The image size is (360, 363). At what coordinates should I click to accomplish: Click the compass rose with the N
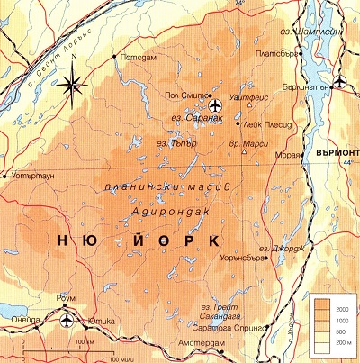pos(74,85)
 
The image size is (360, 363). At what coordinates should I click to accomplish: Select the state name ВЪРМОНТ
pos(337,151)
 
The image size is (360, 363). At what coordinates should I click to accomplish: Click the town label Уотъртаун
pos(35,177)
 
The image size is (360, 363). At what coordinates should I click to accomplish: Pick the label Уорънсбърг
pos(246,258)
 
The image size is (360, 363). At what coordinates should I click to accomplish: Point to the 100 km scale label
pos(86,343)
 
